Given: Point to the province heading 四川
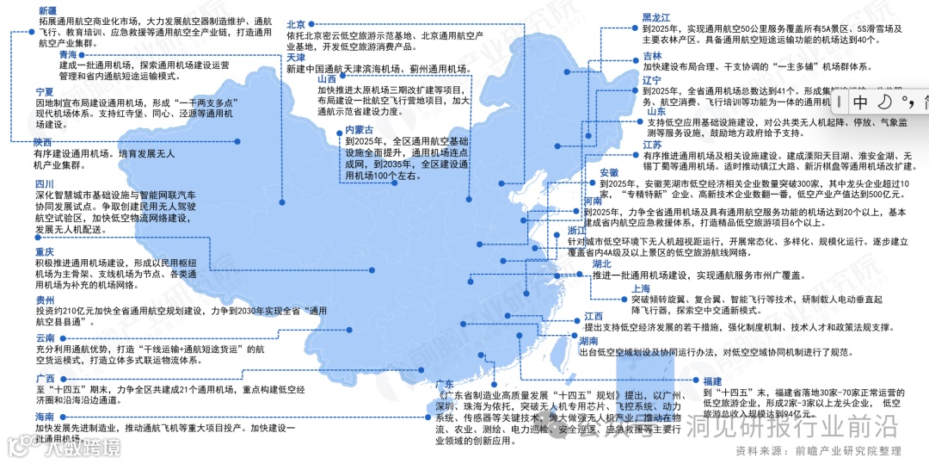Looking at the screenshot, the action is coord(44,183).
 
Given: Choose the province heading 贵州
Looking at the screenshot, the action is coord(46,299).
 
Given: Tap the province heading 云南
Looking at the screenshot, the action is coord(46,337).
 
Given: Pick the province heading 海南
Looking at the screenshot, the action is coord(44,417).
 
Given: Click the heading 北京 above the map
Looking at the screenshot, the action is coord(297,24).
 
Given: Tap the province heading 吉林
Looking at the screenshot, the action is coord(652,56).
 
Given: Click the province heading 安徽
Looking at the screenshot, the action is coord(609,172).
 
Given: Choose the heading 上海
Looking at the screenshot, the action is coord(640,288).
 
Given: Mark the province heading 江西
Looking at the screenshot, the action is coord(594,316).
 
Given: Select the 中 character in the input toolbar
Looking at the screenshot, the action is coord(860,102).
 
